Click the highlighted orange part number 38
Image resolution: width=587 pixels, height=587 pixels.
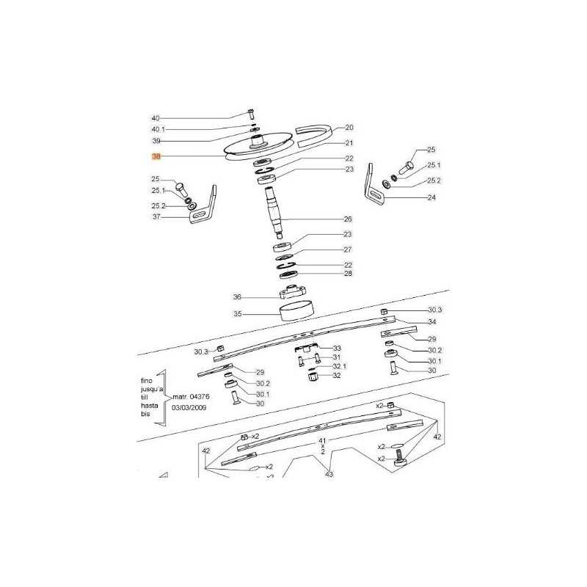(x=156, y=156)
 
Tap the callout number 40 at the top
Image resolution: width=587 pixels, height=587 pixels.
(x=156, y=118)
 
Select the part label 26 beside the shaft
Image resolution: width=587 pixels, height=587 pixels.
(x=348, y=219)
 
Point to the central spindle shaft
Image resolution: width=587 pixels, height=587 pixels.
(x=275, y=211)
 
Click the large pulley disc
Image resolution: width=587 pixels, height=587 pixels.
(x=258, y=147)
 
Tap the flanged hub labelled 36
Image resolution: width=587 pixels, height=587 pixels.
(x=293, y=291)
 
